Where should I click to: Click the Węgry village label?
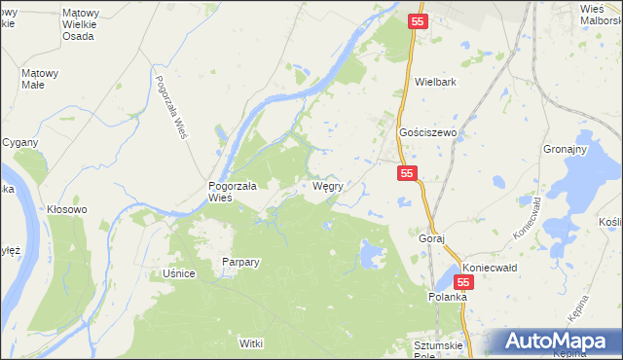[x=326, y=186]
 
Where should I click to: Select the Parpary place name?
[x=239, y=262]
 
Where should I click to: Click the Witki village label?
[x=251, y=343]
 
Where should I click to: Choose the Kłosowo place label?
[x=67, y=209]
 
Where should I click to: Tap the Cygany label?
[x=19, y=142]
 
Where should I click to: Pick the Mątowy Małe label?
[x=40, y=78]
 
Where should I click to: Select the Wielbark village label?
[x=435, y=83]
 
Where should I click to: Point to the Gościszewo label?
[x=428, y=133]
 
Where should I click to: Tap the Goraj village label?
[x=431, y=238]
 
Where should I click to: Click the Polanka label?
[x=448, y=294]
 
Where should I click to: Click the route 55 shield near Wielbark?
[x=418, y=21]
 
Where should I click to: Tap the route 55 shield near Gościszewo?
[x=407, y=173]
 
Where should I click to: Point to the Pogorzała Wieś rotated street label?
[x=169, y=108]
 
